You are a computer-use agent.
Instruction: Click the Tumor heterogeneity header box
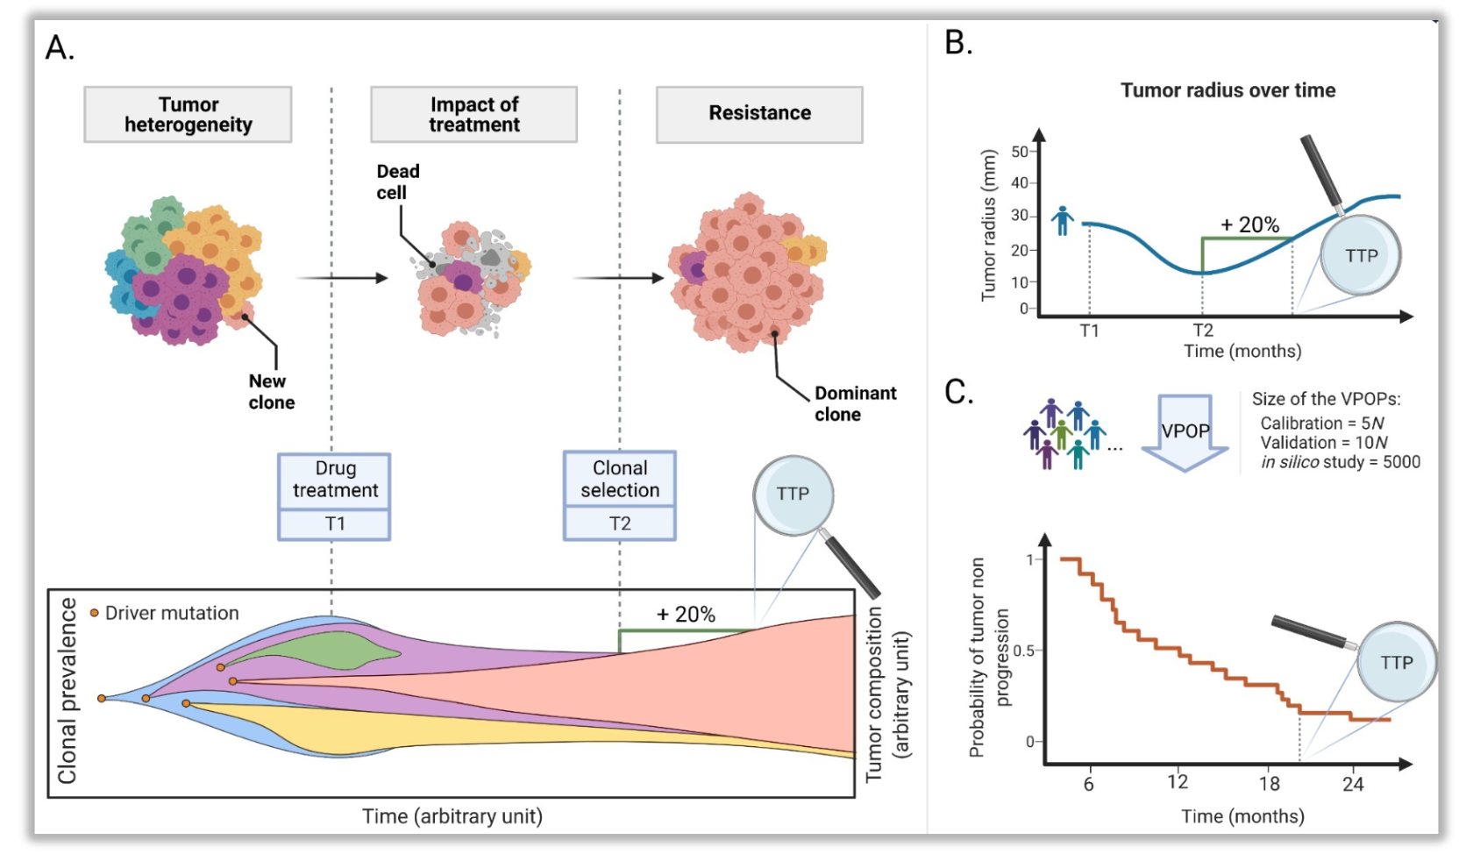coord(188,114)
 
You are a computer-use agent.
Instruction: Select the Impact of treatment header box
coord(473,114)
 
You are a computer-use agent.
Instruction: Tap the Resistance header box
coord(759,114)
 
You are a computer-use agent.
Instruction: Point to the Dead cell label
coord(398,181)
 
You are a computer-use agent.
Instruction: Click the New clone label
coord(271,392)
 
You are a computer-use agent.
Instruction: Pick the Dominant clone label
coord(855,403)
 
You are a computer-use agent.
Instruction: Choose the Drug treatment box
coord(334,480)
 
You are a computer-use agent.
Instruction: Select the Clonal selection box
coord(620,480)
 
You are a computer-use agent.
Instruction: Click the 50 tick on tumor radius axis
coord(1020,152)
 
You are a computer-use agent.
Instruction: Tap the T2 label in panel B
coord(1203,331)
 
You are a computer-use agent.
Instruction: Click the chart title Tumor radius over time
coord(1227,90)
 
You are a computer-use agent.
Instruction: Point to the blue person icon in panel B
coord(1063,220)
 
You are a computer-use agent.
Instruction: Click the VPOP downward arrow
coord(1185,432)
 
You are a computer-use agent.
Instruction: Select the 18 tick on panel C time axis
coord(1269,784)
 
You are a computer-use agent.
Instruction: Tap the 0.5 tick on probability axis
coord(1022,651)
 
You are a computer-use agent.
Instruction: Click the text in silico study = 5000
coord(1340,462)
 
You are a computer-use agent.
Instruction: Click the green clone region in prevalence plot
coord(333,651)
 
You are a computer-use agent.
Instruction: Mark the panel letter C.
coord(958,392)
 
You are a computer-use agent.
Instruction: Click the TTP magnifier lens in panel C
coord(1396,662)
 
